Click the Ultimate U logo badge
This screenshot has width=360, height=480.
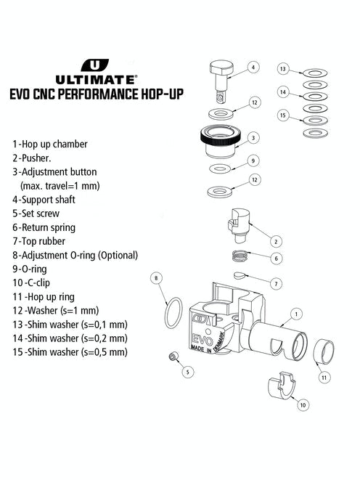(91, 65)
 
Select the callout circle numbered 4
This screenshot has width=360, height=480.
(253, 68)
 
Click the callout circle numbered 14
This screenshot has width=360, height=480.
(284, 92)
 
